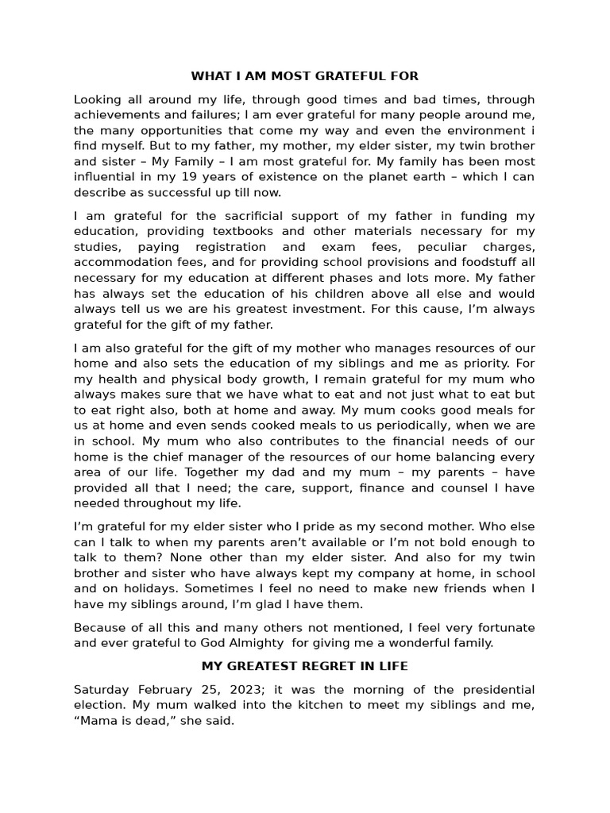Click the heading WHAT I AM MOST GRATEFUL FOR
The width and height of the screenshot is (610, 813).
[304, 76]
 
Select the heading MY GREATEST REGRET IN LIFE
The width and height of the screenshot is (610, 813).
[305, 665]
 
